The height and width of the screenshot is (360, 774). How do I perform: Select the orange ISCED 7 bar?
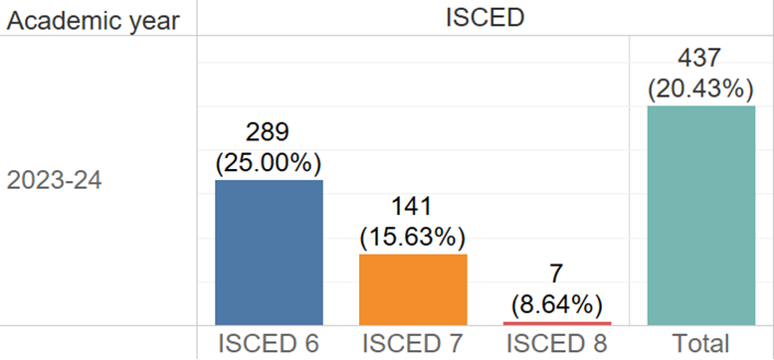tap(413, 288)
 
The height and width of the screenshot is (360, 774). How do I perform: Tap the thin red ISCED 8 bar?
tap(557, 322)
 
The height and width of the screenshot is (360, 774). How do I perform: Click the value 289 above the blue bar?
tap(269, 133)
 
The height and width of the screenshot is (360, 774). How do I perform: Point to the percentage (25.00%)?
tap(269, 162)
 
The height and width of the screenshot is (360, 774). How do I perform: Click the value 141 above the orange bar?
tap(413, 208)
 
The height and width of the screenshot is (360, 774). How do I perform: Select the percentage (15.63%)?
tap(413, 237)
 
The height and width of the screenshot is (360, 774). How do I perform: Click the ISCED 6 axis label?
tap(269, 343)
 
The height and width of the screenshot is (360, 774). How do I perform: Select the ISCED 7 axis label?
tap(413, 343)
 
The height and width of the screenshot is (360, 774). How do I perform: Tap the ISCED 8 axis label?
tap(557, 343)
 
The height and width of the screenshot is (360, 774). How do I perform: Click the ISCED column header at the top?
tap(484, 18)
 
